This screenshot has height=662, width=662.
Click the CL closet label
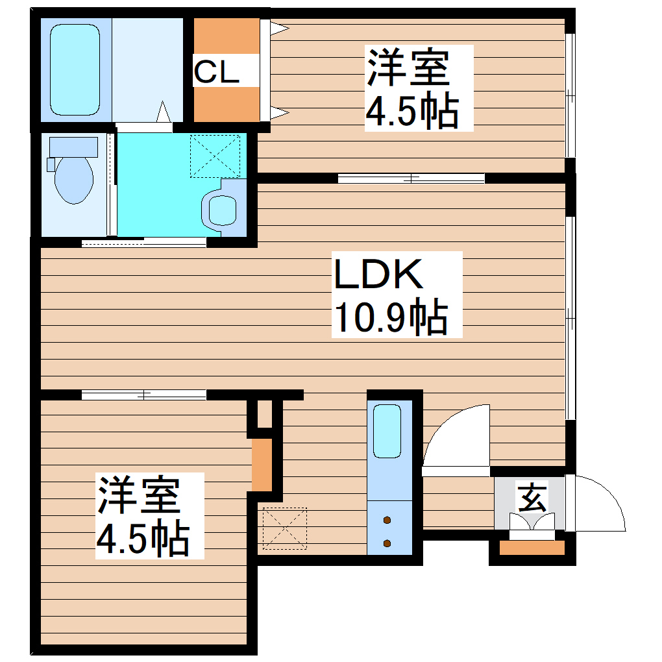(217, 72)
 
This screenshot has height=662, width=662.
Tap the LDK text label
(378, 275)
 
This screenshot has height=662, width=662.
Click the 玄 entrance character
(532, 498)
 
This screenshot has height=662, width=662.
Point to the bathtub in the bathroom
(75, 70)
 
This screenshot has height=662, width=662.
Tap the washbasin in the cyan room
(222, 210)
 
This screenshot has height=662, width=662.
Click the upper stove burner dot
(388, 520)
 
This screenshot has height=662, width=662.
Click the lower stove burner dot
(388, 543)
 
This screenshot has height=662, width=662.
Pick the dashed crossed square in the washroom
(215, 156)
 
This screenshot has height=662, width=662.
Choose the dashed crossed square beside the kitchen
(284, 528)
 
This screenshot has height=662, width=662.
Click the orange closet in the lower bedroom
(262, 465)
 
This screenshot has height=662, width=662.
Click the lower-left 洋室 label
(139, 495)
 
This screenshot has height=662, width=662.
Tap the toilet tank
(72, 146)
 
